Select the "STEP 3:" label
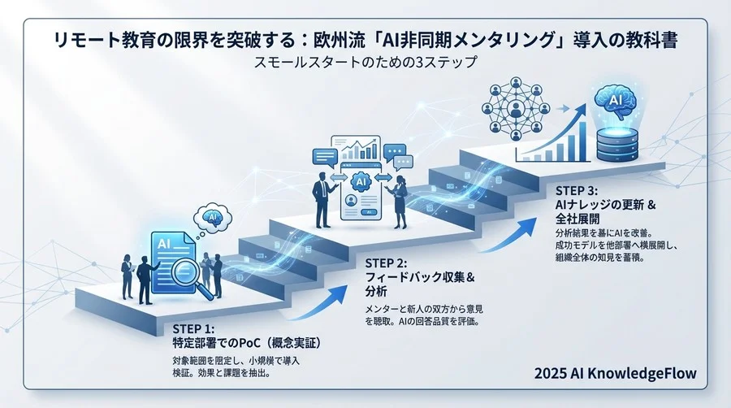(577, 190)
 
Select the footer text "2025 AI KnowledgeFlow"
(616, 375)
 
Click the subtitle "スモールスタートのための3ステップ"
(365, 62)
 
